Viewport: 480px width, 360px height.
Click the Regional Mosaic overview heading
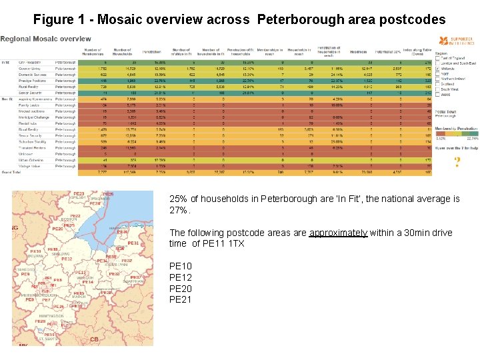(x=45, y=39)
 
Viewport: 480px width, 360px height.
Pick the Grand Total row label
(x=11, y=172)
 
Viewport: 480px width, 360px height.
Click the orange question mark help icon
(x=457, y=162)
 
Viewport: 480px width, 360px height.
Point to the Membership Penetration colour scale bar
(x=457, y=133)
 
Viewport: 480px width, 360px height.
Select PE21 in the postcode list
(x=181, y=299)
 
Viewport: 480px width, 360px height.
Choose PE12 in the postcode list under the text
(x=181, y=277)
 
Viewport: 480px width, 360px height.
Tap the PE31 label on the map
(x=133, y=243)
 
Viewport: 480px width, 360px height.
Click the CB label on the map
(x=94, y=339)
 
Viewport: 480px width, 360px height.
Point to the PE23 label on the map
(x=79, y=194)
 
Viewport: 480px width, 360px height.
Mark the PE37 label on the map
(x=135, y=277)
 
